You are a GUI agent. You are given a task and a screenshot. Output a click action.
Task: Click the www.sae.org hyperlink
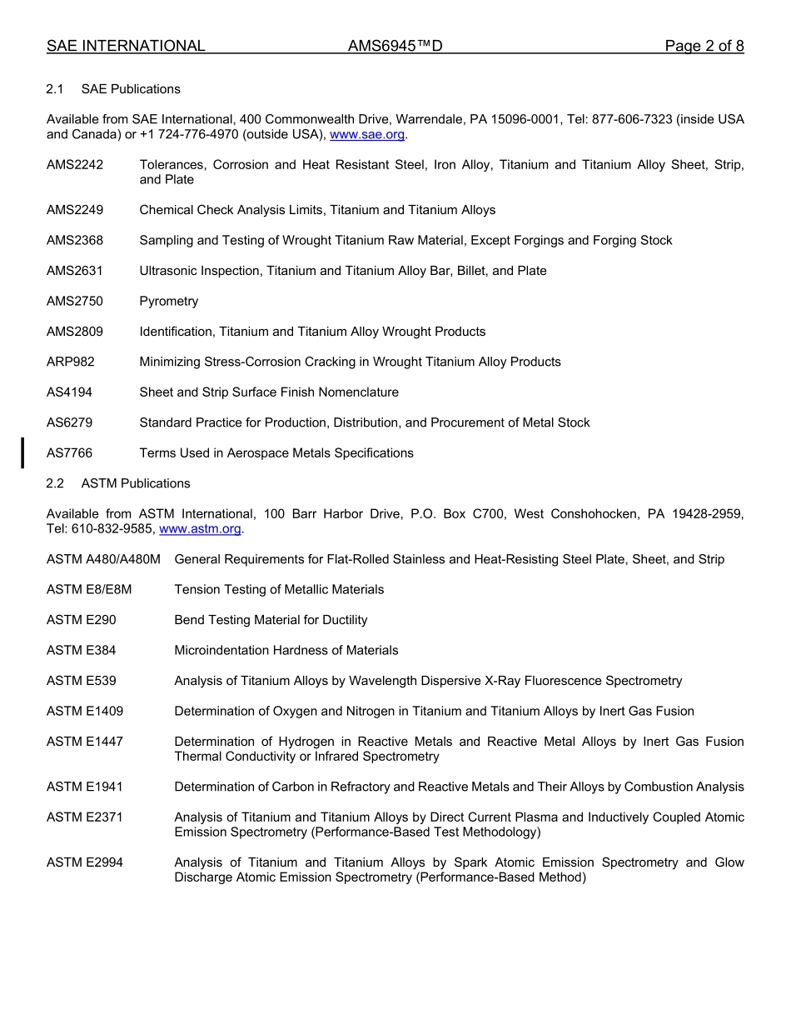pyautogui.click(x=367, y=134)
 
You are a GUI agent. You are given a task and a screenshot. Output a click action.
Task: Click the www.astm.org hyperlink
pyautogui.click(x=200, y=528)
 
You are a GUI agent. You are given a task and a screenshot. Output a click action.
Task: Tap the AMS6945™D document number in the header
pyautogui.click(x=395, y=46)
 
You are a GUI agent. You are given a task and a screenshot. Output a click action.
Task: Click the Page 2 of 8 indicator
pyautogui.click(x=704, y=46)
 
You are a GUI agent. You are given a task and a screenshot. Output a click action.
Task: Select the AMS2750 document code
pyautogui.click(x=75, y=301)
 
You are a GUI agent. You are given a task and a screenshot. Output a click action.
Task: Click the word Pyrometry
pyautogui.click(x=169, y=301)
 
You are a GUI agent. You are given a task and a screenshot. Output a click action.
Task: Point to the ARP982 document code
pyautogui.click(x=71, y=362)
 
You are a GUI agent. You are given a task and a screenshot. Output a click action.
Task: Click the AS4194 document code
pyautogui.click(x=69, y=392)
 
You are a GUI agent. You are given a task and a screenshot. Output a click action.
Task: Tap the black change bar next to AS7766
pyautogui.click(x=22, y=452)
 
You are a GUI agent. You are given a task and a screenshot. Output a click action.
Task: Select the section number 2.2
pyautogui.click(x=55, y=483)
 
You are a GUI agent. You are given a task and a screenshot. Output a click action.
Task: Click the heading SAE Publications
pyautogui.click(x=131, y=89)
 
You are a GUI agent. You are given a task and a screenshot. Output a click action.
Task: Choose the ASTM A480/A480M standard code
pyautogui.click(x=103, y=559)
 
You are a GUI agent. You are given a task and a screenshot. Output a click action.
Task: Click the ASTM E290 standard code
pyautogui.click(x=82, y=620)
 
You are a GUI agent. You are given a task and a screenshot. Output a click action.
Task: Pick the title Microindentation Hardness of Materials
pyautogui.click(x=286, y=650)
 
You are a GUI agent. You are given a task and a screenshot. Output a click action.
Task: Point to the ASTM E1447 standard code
pyautogui.click(x=85, y=742)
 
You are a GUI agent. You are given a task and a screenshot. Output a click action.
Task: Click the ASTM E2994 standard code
pyautogui.click(x=85, y=862)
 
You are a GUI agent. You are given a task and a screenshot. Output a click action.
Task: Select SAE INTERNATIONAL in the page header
pyautogui.click(x=126, y=46)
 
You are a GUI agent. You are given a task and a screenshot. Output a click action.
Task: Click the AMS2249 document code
pyautogui.click(x=75, y=210)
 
